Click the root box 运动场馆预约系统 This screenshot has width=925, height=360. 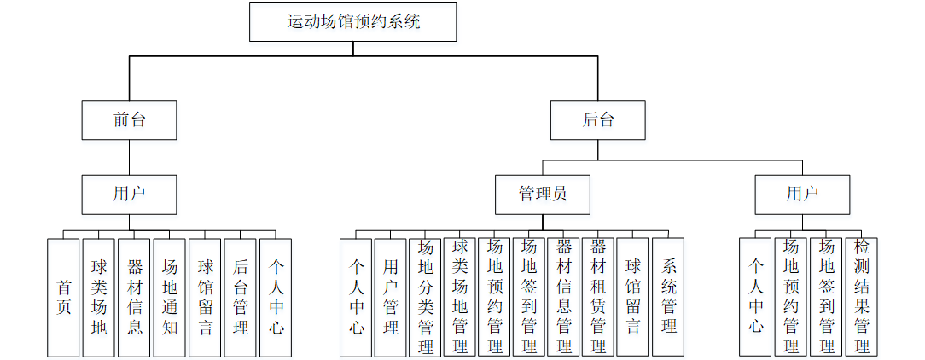point(352,21)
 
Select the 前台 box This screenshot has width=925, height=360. point(129,119)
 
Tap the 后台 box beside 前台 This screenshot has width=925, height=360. point(597,119)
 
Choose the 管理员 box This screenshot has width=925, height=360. point(543,195)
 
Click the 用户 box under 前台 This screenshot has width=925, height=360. point(129,195)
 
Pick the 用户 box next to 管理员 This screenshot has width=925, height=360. point(801,195)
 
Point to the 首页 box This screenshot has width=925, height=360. point(63,297)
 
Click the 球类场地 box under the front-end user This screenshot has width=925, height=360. point(98,297)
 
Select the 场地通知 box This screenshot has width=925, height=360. point(169,297)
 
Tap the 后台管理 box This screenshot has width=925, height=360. point(240,297)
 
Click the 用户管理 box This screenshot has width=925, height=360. point(391,297)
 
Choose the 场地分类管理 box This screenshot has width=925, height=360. point(425,297)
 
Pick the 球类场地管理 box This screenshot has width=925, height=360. point(460,297)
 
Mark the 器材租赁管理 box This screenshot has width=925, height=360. point(598,297)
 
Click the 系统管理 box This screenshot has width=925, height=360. point(668,297)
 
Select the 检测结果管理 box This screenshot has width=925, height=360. point(862,297)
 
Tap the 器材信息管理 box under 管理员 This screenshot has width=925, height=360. point(563,297)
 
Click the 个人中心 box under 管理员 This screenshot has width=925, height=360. point(356,297)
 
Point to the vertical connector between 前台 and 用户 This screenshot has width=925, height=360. point(129,158)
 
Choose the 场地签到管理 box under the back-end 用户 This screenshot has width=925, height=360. point(826,297)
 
